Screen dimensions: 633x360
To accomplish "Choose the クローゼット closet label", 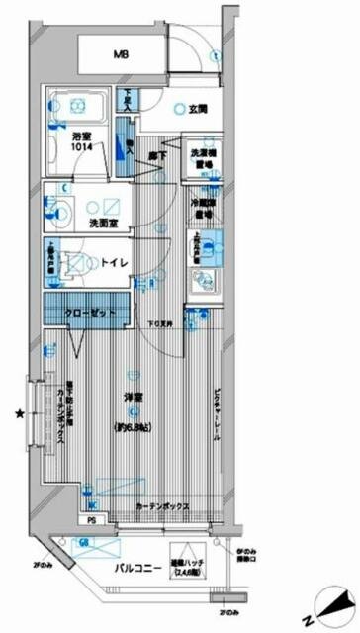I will (x=98, y=314).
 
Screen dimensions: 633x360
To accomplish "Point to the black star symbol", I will (x=18, y=413).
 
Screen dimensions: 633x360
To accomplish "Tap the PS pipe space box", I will (x=92, y=519).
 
